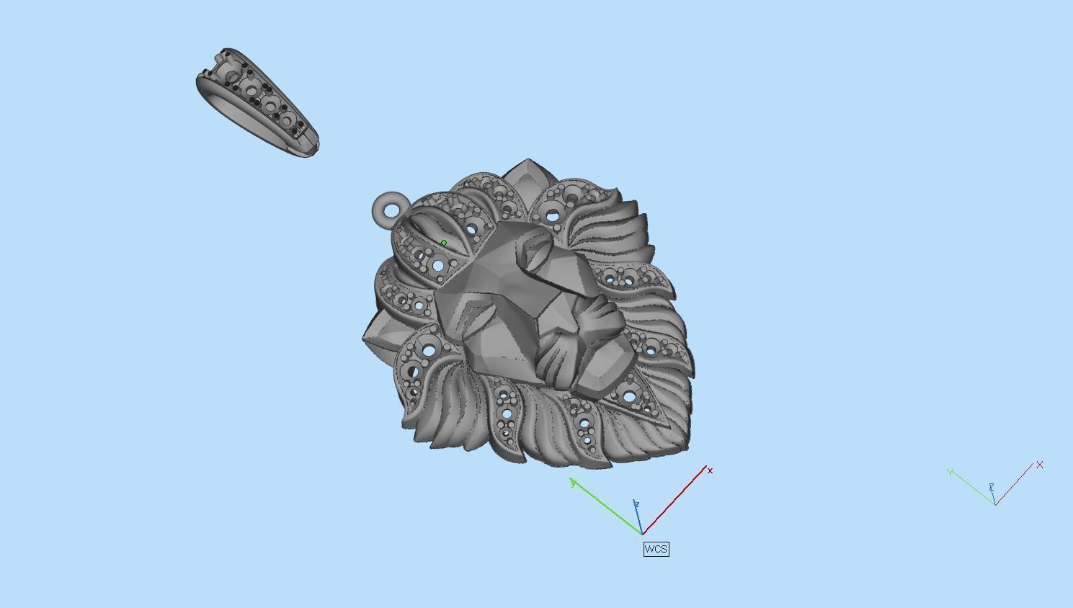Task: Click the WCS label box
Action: (656, 549)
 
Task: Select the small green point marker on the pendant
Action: (443, 243)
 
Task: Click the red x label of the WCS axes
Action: (710, 470)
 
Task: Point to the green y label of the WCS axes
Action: (573, 483)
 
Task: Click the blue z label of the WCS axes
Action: (636, 505)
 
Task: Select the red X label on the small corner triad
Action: (1040, 465)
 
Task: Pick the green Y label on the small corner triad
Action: (951, 472)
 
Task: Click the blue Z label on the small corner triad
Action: (992, 488)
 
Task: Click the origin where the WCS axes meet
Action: (641, 534)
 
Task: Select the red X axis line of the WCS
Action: (674, 500)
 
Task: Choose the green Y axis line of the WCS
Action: (605, 508)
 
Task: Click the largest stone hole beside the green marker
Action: (438, 266)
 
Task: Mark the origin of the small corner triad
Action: (995, 504)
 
